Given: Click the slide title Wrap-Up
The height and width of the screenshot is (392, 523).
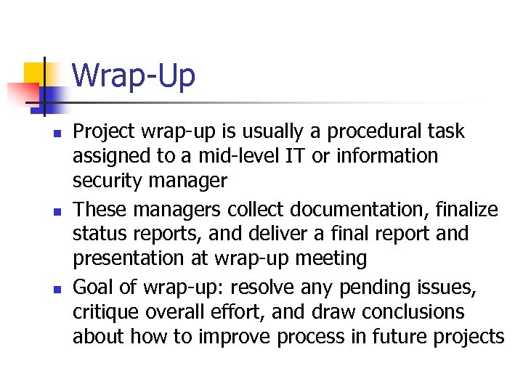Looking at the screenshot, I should tap(134, 75).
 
